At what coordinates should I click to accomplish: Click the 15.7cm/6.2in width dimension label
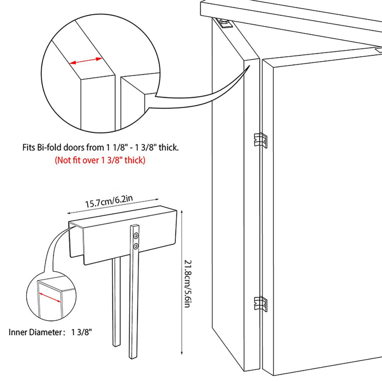pos(109,201)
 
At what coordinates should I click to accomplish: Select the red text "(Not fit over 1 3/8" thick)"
pos(100,160)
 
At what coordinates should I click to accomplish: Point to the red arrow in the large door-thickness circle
pos(86,61)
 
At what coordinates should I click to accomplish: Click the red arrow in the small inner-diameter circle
pos(50,298)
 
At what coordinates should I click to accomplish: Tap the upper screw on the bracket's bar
pos(136,236)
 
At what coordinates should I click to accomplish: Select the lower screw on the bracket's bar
pos(135,247)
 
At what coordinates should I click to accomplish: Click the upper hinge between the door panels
pos(260,140)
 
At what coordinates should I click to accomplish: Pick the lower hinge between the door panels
pos(260,304)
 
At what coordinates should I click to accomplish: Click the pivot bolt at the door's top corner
pos(224,24)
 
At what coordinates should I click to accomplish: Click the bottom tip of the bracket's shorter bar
pos(117,345)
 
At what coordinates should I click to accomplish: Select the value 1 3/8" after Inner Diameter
pos(82,332)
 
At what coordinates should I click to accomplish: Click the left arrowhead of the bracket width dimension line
pos(69,213)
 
